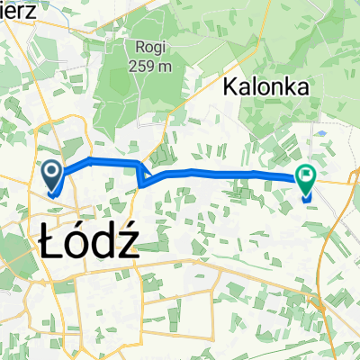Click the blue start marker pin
coord(51,173)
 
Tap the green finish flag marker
coord(307,181)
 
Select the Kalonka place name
coord(266,88)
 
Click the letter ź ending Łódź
coord(127,244)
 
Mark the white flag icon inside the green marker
coord(307,178)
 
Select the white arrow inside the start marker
coord(51,169)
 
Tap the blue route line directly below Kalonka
coord(261,173)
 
